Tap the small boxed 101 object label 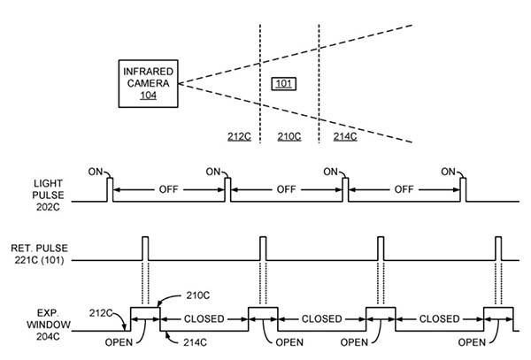pyautogui.click(x=284, y=83)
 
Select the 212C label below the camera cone pyautogui.click(x=239, y=137)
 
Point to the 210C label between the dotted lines pyautogui.click(x=289, y=137)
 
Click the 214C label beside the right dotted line pyautogui.click(x=345, y=137)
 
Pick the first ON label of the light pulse pyautogui.click(x=96, y=172)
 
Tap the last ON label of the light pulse pyautogui.click(x=449, y=172)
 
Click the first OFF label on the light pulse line pyautogui.click(x=169, y=189)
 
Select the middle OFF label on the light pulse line pyautogui.click(x=286, y=189)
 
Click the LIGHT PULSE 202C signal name pyautogui.click(x=48, y=195)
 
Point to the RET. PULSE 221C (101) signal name pyautogui.click(x=39, y=254)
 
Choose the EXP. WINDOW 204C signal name pyautogui.click(x=48, y=325)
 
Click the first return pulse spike pyautogui.click(x=145, y=249)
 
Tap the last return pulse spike pyautogui.click(x=498, y=249)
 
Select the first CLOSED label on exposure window pyautogui.click(x=204, y=319)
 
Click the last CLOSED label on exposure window pyautogui.click(x=439, y=319)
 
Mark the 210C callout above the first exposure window pyautogui.click(x=197, y=295)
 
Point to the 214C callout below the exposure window pyautogui.click(x=195, y=342)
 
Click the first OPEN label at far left pyautogui.click(x=119, y=342)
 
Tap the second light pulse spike pyautogui.click(x=228, y=190)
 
